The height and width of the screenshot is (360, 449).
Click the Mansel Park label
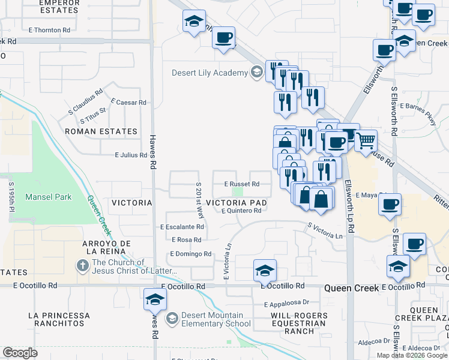pos(48,197)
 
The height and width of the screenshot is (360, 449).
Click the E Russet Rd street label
pos(242,184)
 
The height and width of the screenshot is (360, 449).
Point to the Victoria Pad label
pos(236,203)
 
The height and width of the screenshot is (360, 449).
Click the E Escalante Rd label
pos(182,227)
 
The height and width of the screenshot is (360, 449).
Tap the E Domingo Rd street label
pos(191,254)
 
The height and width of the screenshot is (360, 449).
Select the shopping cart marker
pos(366,142)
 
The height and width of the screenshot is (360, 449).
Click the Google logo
pos(20,353)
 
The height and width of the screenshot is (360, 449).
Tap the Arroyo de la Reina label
pos(108,247)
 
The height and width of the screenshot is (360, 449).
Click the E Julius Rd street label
pos(131,155)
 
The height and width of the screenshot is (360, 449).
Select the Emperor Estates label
pos(59,7)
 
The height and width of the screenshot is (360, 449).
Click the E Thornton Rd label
pos(49,30)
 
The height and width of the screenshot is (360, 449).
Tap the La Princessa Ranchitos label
pos(59,319)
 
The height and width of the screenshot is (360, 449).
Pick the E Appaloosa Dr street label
pos(285,303)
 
